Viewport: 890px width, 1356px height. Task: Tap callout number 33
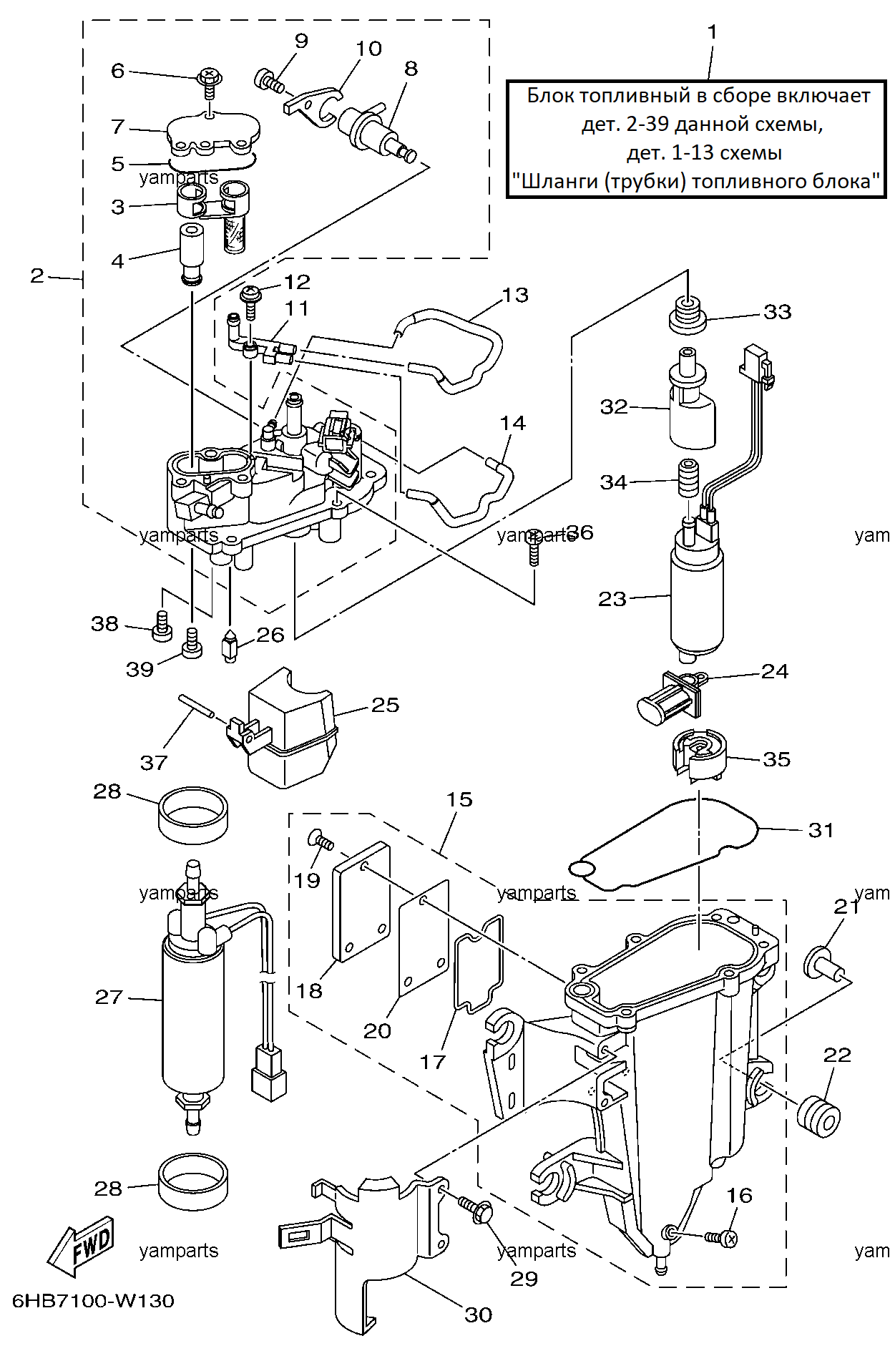coord(778,312)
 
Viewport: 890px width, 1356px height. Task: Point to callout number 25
coord(385,705)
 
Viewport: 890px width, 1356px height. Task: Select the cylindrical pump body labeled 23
coord(696,597)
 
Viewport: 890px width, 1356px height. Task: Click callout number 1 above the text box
coord(712,32)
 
